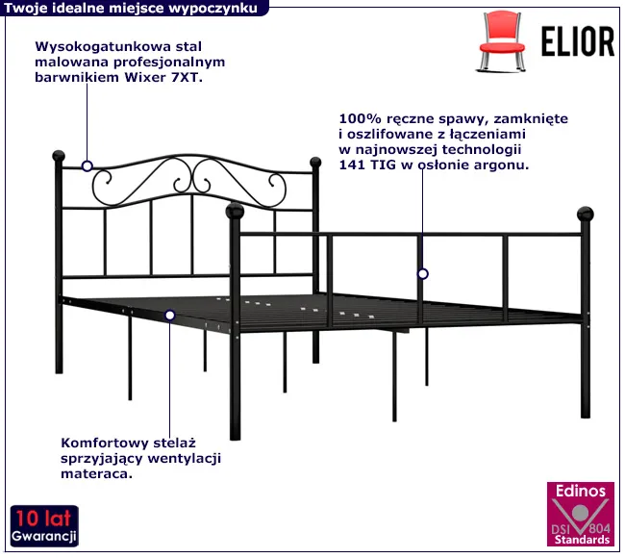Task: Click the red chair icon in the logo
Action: (x=501, y=42)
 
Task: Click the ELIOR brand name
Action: (x=578, y=42)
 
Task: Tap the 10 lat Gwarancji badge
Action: (x=44, y=526)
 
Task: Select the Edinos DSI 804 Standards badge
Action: (x=581, y=514)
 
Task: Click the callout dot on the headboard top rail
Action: (x=87, y=165)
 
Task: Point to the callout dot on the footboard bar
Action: (x=423, y=274)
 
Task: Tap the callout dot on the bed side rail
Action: (x=170, y=316)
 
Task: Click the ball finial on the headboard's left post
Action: (x=59, y=156)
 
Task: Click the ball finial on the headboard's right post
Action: (x=315, y=162)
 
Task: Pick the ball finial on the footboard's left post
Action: (x=235, y=211)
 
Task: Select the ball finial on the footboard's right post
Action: (x=586, y=215)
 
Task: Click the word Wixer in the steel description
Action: (x=145, y=77)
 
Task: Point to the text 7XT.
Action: (x=187, y=77)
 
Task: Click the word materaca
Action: (x=96, y=474)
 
